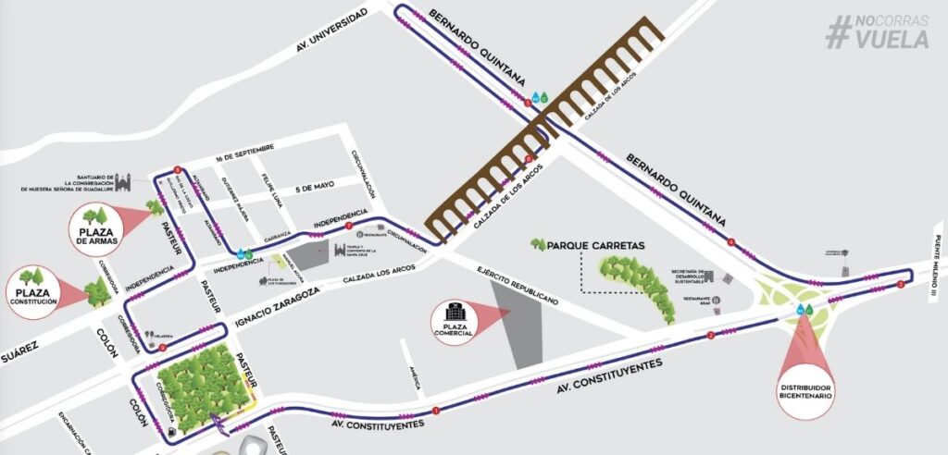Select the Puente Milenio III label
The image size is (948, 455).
937,267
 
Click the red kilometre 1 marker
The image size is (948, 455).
435,410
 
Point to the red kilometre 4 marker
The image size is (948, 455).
731,243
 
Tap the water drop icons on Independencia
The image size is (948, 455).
243,253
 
